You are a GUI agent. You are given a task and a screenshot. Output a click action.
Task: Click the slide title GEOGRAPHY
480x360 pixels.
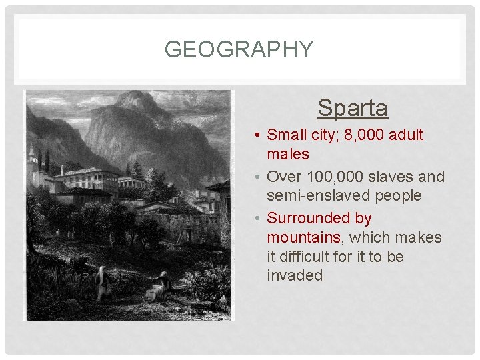pyautogui.click(x=239, y=49)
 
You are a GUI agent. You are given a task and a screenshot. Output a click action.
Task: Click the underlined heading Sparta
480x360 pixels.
pyautogui.click(x=353, y=107)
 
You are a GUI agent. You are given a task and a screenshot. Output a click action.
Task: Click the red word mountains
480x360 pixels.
pyautogui.click(x=303, y=237)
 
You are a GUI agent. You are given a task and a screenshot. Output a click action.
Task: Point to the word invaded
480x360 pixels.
pyautogui.click(x=294, y=275)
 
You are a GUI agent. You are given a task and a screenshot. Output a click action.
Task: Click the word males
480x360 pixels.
pyautogui.click(x=288, y=154)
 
